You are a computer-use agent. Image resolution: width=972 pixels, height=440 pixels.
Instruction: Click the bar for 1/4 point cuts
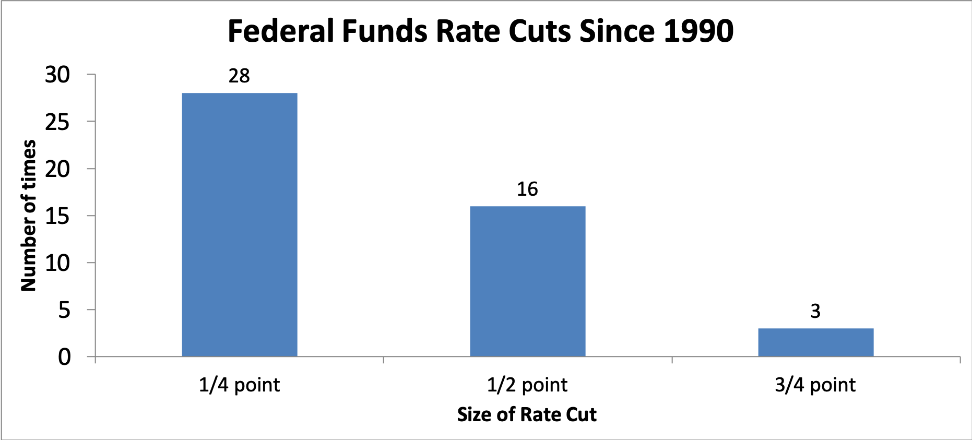[x=240, y=224]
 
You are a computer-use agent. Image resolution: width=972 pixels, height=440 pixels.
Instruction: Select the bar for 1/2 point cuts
[x=528, y=281]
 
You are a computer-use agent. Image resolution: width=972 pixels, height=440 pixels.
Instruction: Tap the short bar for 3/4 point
[x=815, y=342]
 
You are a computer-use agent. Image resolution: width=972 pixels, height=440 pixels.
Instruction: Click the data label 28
[x=239, y=76]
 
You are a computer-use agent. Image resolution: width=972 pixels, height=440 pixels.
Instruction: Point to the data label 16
[x=527, y=189]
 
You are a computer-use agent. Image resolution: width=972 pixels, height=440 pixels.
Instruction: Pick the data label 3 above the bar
[x=815, y=311]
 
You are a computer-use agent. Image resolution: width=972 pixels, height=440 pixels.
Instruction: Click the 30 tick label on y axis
[x=57, y=75]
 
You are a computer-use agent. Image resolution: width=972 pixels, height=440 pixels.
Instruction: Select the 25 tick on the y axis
[x=57, y=122]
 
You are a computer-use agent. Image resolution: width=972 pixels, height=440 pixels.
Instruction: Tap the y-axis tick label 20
[x=57, y=169]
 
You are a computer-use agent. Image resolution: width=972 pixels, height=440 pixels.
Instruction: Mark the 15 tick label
[x=57, y=216]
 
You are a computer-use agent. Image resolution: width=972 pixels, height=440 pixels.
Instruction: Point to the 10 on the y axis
[x=57, y=263]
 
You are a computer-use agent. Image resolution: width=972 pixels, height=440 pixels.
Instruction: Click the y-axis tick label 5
[x=64, y=310]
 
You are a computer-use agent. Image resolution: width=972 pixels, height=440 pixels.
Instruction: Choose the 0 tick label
[x=64, y=357]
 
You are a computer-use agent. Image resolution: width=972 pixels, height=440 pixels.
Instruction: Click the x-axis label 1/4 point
[x=239, y=385]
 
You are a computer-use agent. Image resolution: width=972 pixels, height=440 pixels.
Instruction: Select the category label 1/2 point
[x=527, y=385]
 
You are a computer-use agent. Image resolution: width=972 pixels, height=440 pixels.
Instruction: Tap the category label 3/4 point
[x=815, y=385]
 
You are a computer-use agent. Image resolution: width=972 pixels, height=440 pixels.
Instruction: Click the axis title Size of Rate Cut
[x=527, y=414]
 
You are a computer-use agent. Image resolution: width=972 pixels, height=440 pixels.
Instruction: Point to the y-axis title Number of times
[x=28, y=215]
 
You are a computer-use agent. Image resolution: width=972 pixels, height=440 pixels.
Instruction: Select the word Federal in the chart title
[x=281, y=31]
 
